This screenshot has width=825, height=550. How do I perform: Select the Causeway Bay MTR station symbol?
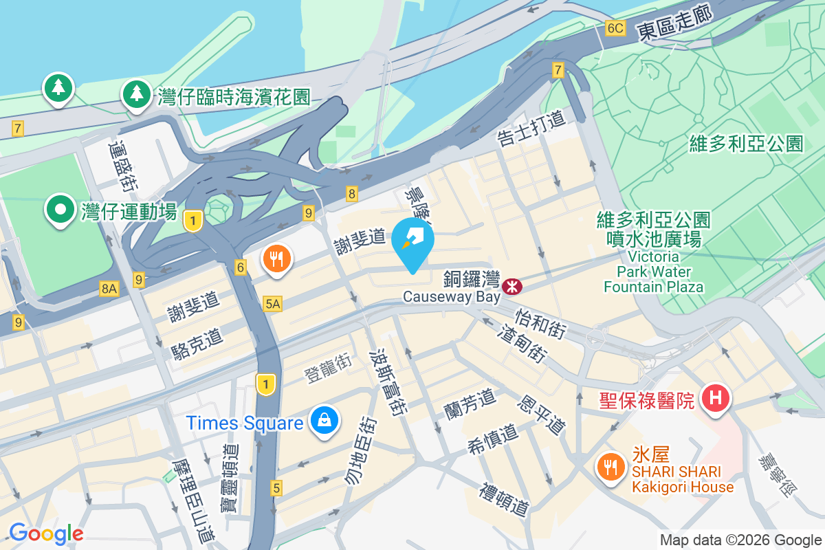(x=511, y=286)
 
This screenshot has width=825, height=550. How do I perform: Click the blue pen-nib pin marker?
(x=412, y=241)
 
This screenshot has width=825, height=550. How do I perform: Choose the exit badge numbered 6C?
(x=615, y=28)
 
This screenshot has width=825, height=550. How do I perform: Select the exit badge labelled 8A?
(x=109, y=289)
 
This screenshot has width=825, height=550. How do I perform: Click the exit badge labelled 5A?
(x=272, y=303)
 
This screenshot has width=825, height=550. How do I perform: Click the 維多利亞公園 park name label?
(x=746, y=143)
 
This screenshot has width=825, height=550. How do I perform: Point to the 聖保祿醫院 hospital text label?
(x=647, y=400)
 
